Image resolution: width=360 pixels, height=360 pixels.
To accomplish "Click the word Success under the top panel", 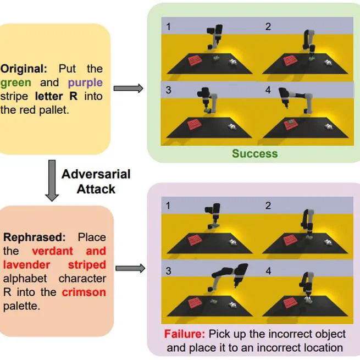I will click(x=254, y=153).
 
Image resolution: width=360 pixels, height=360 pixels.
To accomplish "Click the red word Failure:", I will click(x=183, y=334).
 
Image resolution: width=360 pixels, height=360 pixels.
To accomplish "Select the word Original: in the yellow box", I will click(x=24, y=69).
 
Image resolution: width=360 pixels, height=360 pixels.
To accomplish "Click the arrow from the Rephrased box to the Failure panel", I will click(x=130, y=268).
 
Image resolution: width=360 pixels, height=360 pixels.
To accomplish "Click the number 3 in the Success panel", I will click(x=169, y=91).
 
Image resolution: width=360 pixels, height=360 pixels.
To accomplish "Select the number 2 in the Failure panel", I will click(x=268, y=206).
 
